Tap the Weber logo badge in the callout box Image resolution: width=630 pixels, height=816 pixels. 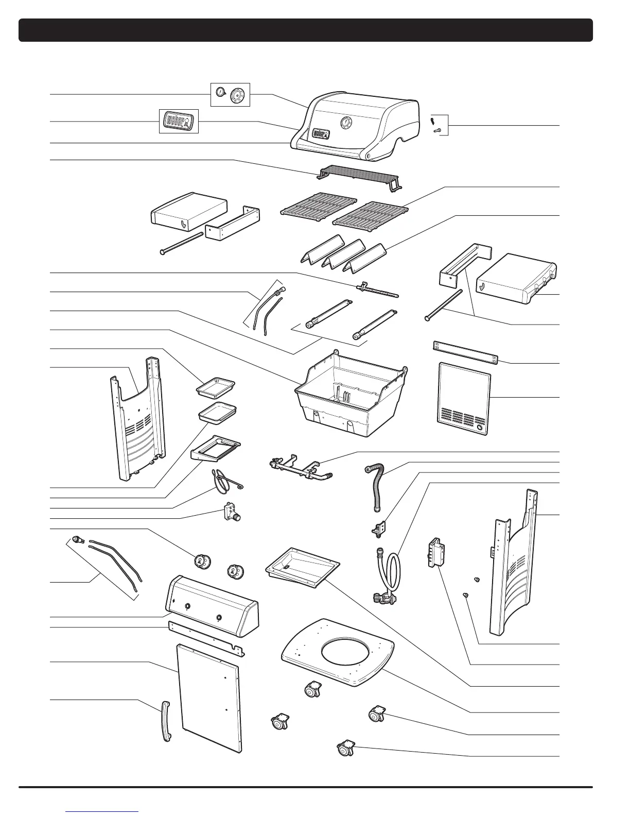(x=178, y=122)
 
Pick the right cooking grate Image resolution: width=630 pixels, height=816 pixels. (x=370, y=214)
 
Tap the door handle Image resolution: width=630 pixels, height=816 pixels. (x=166, y=721)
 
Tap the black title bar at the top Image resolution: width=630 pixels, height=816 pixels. (x=306, y=30)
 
